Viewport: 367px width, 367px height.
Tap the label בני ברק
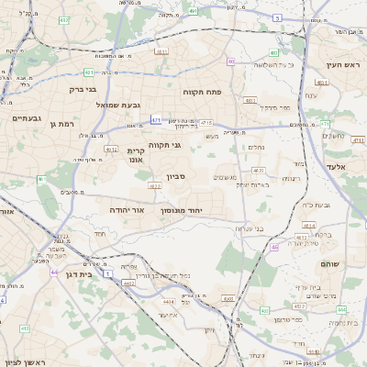coord(83,89)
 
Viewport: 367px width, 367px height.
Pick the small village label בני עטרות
coord(249,228)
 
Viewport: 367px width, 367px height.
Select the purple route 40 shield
coord(232,61)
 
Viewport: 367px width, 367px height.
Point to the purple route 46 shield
coord(274,247)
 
